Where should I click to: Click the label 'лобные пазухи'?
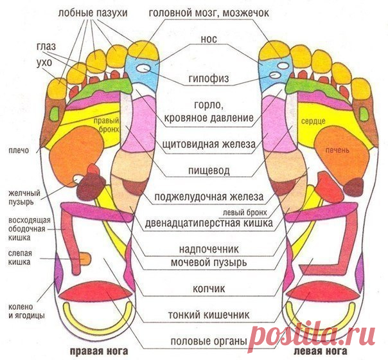tap(93, 13)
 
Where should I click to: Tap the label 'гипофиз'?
tap(209, 78)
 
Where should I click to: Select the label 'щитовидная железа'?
tap(209, 144)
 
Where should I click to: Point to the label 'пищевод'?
tap(209, 170)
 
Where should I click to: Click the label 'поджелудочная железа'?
tap(209, 197)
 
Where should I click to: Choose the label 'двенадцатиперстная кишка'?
tap(209, 223)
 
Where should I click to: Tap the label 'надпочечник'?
tap(209, 249)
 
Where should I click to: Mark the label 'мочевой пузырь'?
tap(209, 262)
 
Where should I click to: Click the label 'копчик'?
tap(209, 289)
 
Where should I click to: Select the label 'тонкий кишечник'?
tap(209, 315)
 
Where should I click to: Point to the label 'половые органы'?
tap(209, 341)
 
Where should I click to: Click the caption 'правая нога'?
tap(99, 351)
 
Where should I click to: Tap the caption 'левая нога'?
tap(321, 351)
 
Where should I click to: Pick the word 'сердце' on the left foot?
tap(313, 122)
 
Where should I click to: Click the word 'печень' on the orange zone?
tap(337, 150)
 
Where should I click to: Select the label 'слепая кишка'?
tap(19, 258)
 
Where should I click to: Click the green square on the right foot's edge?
tap(55, 113)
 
